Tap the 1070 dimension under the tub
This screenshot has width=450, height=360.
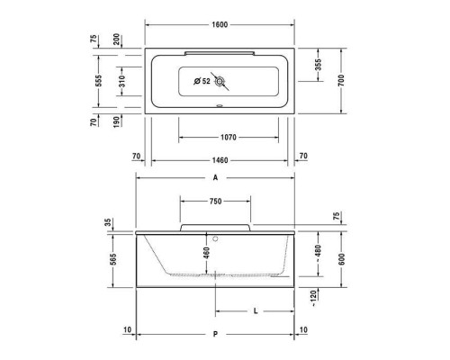click(x=221, y=137)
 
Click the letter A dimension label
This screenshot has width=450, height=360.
click(x=216, y=178)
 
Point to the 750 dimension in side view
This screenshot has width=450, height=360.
click(x=216, y=202)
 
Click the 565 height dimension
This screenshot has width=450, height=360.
click(x=112, y=259)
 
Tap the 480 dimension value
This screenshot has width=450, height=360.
click(x=317, y=253)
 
